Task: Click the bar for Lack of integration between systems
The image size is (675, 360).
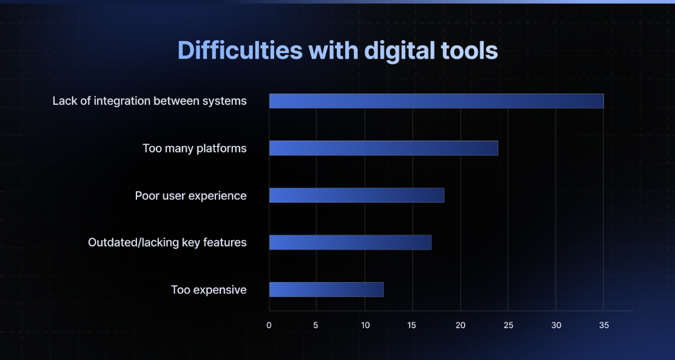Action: (436, 101)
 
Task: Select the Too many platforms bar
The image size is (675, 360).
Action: (384, 148)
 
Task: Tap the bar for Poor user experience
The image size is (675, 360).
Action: (356, 195)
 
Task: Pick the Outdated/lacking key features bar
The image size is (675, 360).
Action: (350, 243)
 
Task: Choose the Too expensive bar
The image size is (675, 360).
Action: (327, 290)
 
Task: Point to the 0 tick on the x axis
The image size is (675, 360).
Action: (269, 325)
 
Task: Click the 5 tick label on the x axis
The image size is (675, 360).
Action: (316, 325)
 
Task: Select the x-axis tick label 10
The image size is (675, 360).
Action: (365, 325)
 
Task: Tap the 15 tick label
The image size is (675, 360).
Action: (412, 325)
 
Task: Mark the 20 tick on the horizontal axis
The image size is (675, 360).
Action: (460, 325)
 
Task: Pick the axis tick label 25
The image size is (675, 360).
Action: (508, 325)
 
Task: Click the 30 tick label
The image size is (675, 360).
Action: (556, 325)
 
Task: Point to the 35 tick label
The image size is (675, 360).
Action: (604, 325)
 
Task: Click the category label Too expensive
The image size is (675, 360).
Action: (209, 290)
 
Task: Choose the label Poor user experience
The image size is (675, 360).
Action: (191, 196)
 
